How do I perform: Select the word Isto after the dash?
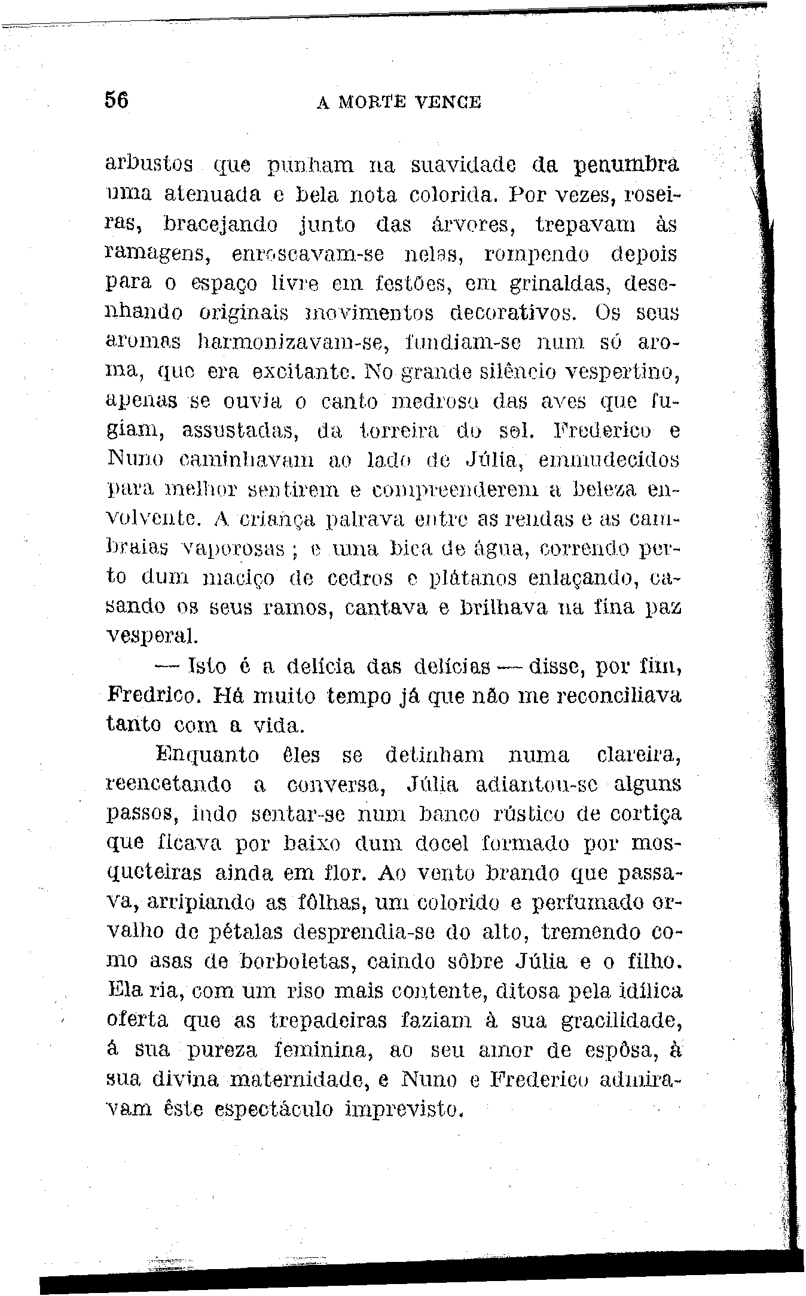[207, 665]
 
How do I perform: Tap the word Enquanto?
[207, 755]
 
